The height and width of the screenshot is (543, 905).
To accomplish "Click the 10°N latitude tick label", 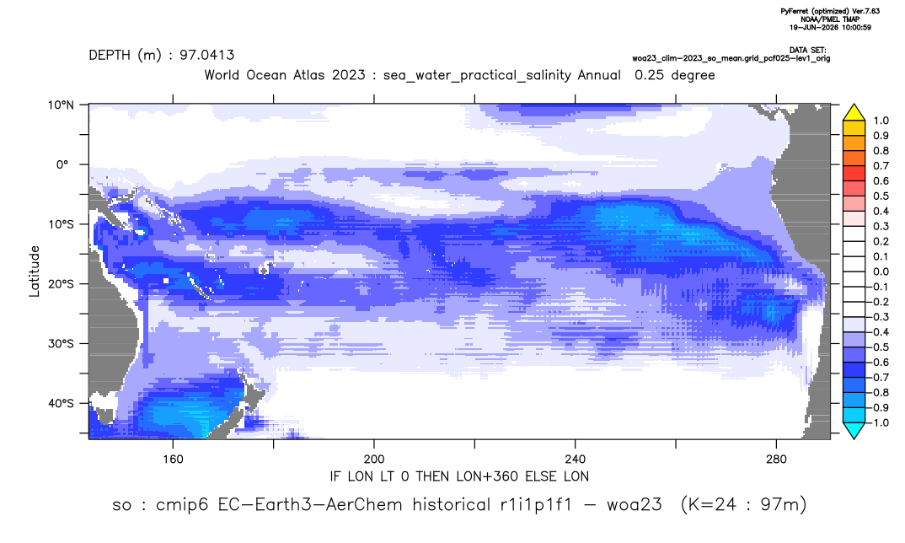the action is click(x=61, y=105).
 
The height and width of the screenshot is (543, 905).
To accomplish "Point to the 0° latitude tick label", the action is click(x=63, y=164).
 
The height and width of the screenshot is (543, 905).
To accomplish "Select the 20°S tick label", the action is click(x=61, y=283).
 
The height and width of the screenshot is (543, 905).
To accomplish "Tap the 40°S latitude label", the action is click(x=61, y=403).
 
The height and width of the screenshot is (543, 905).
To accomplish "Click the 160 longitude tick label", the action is click(x=173, y=460).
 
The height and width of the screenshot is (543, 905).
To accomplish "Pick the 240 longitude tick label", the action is click(x=576, y=460).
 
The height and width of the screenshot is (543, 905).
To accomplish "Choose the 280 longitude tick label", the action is click(x=776, y=460).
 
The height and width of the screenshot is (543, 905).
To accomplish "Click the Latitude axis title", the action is click(x=34, y=271).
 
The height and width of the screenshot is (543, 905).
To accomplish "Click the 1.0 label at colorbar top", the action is click(x=881, y=121).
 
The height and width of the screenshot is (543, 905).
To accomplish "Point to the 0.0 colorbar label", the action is click(x=881, y=271).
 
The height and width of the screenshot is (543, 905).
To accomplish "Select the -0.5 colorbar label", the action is click(x=878, y=347).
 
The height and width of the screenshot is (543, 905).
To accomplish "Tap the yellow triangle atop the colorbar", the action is click(x=854, y=113).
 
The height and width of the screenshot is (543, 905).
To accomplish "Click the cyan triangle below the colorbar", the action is click(x=854, y=430).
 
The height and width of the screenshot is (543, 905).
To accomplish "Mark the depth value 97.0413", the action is click(x=206, y=55).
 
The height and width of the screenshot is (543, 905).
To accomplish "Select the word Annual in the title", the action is click(x=598, y=75).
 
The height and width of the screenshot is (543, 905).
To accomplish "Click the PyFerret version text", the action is click(x=830, y=11).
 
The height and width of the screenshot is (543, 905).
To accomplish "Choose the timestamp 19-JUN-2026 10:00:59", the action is click(x=830, y=27).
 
